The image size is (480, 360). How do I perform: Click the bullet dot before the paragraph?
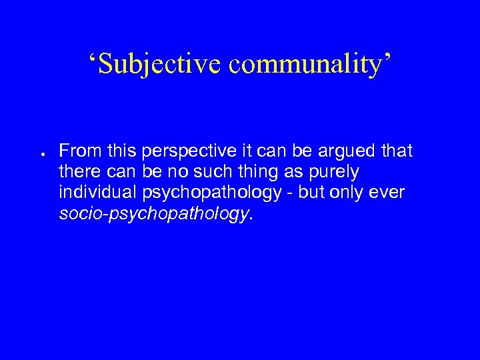click(x=42, y=153)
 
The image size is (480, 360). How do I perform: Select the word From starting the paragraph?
click(x=77, y=151)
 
